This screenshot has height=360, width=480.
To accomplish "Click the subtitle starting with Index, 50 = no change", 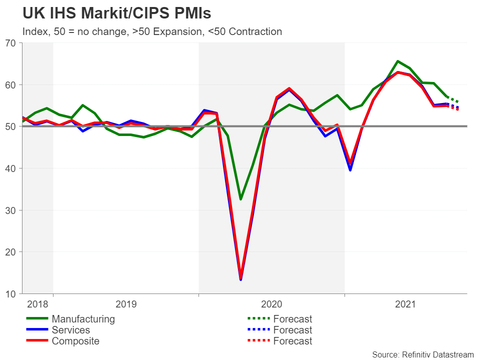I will [152, 31].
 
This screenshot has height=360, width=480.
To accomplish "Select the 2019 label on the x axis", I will [126, 303].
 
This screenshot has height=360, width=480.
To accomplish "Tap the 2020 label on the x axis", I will [272, 303].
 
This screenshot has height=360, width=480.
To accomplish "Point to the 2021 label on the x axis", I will [405, 303].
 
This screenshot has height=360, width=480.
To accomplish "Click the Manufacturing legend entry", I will [83, 319].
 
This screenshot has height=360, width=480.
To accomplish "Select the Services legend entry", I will [70, 330].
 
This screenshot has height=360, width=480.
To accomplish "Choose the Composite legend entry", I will [75, 341].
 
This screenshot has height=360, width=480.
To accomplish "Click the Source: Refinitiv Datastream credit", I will [422, 354].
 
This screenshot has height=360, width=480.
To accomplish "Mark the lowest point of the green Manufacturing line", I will [240, 199].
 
